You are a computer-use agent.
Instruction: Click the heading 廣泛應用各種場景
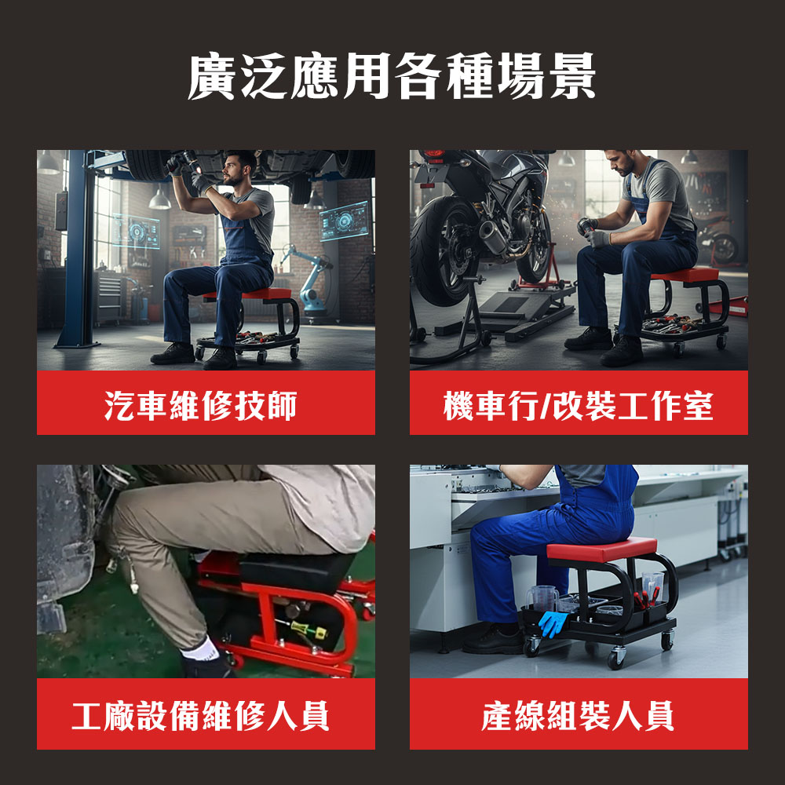(392, 76)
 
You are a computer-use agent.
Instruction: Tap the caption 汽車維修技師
(201, 405)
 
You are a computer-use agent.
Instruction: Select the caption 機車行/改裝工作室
(579, 405)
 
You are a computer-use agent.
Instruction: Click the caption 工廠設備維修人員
(201, 716)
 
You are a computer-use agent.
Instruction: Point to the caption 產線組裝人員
(578, 716)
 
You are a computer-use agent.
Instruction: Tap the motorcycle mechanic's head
(624, 161)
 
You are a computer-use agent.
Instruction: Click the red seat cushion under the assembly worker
(602, 549)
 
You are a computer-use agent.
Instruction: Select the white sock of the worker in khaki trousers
(200, 649)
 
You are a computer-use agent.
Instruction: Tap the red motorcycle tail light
(434, 153)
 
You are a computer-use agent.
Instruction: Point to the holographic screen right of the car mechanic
(345, 221)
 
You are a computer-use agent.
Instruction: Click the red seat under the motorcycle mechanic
(685, 276)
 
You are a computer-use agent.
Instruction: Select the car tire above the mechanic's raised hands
(148, 165)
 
